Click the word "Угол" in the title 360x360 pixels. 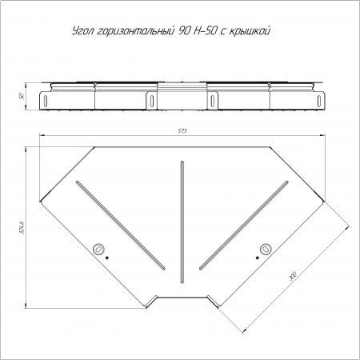coord(82,31)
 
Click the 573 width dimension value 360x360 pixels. coord(182,131)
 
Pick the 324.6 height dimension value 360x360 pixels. coord(22,227)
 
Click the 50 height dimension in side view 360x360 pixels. coord(22,96)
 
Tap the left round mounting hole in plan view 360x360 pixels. coord(98,249)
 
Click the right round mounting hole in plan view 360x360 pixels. coord(266,249)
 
